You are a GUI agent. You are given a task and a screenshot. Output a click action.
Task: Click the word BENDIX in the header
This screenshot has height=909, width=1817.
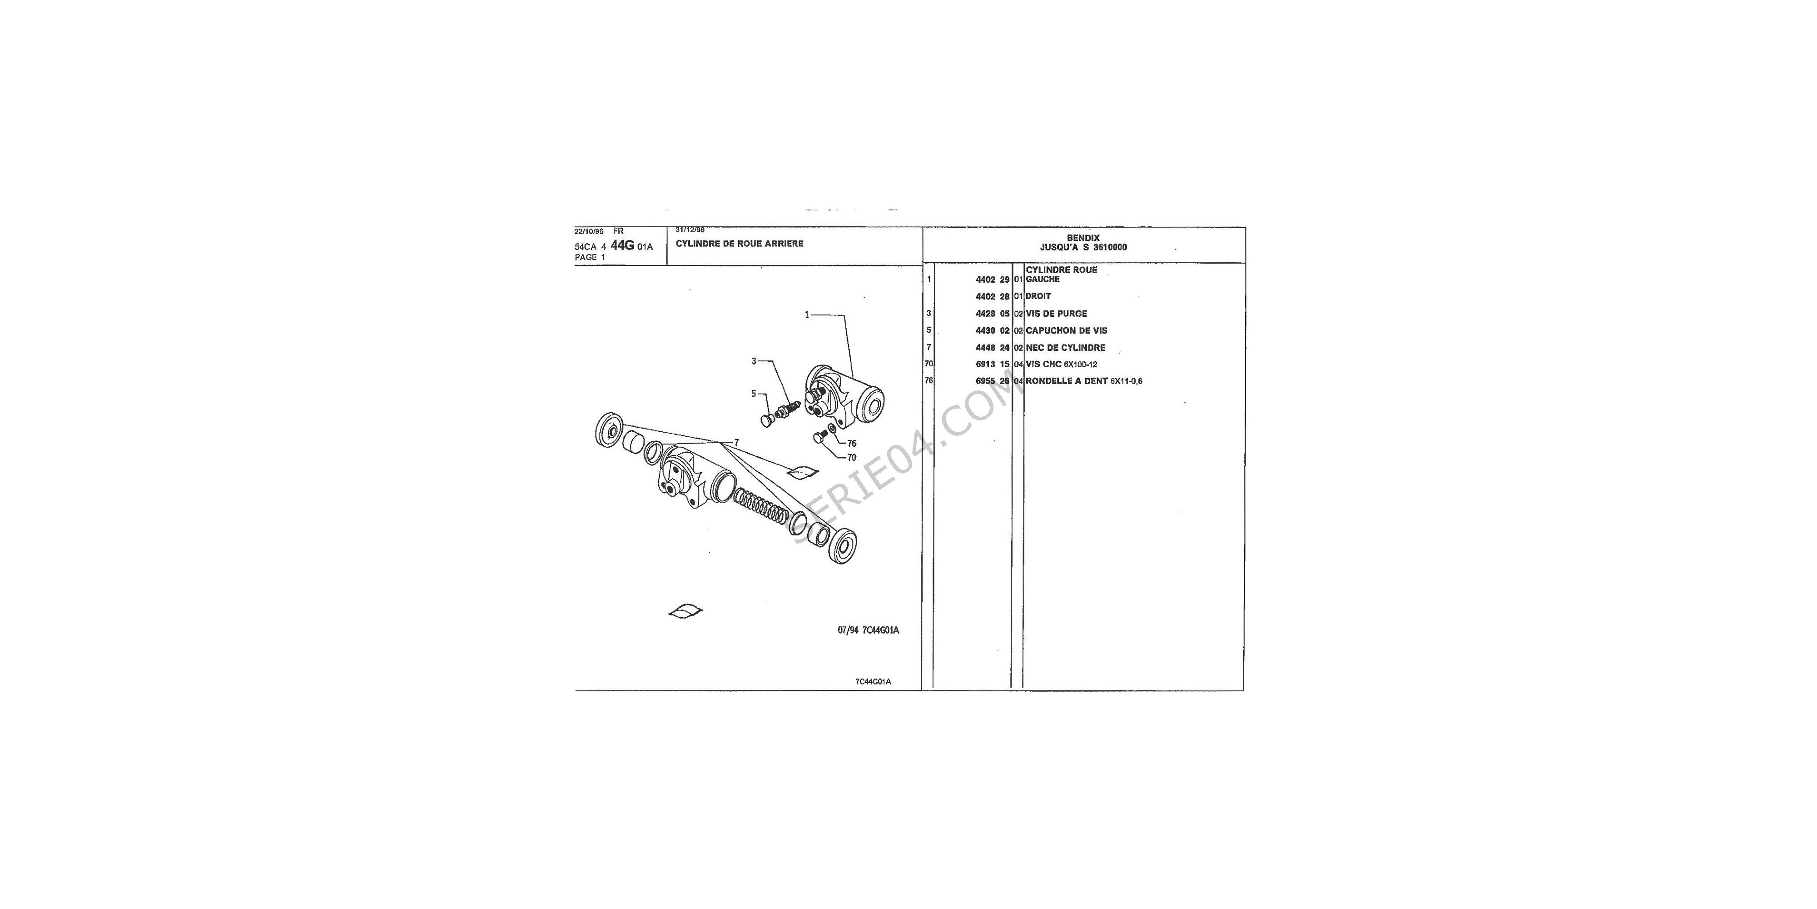click(1083, 238)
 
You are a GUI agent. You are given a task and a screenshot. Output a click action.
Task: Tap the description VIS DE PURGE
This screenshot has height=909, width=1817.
click(1056, 313)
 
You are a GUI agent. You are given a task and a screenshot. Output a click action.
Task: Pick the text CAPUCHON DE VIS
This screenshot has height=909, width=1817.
click(1067, 330)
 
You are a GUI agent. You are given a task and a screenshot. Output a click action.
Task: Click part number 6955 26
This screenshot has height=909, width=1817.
click(993, 381)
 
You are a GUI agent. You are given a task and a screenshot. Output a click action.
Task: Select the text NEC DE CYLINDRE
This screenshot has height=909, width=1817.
click(1065, 347)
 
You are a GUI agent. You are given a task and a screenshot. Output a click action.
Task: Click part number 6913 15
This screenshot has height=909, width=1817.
click(993, 364)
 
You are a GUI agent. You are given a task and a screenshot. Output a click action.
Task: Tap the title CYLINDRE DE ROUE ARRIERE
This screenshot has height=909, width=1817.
click(739, 244)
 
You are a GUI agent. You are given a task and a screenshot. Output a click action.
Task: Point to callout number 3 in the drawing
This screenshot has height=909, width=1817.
click(753, 360)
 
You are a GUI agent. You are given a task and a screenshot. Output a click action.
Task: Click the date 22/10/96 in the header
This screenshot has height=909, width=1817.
click(589, 231)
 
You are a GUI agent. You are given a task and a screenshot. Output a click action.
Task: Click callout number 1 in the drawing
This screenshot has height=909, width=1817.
click(807, 315)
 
